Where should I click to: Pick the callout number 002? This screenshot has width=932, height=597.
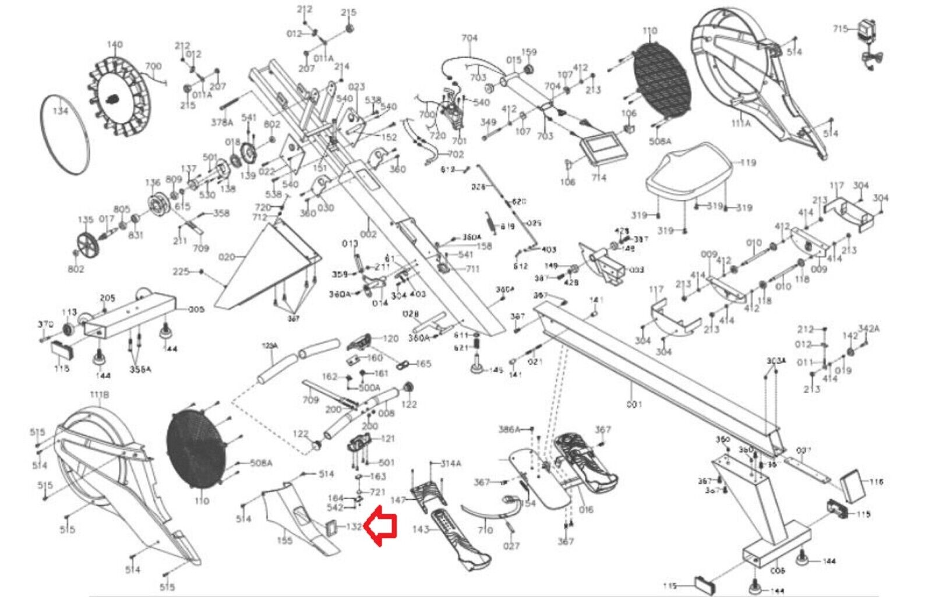[x=368, y=234]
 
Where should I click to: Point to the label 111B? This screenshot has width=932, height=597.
[x=99, y=395]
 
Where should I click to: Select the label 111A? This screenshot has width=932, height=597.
[x=740, y=123]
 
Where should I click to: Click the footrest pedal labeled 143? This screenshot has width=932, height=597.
[x=460, y=536]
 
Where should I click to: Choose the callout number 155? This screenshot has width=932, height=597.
[x=284, y=541]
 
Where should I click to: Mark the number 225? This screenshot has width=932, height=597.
[x=181, y=271]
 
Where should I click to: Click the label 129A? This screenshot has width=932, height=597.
[x=270, y=346]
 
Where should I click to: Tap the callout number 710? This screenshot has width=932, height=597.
[x=485, y=530]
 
